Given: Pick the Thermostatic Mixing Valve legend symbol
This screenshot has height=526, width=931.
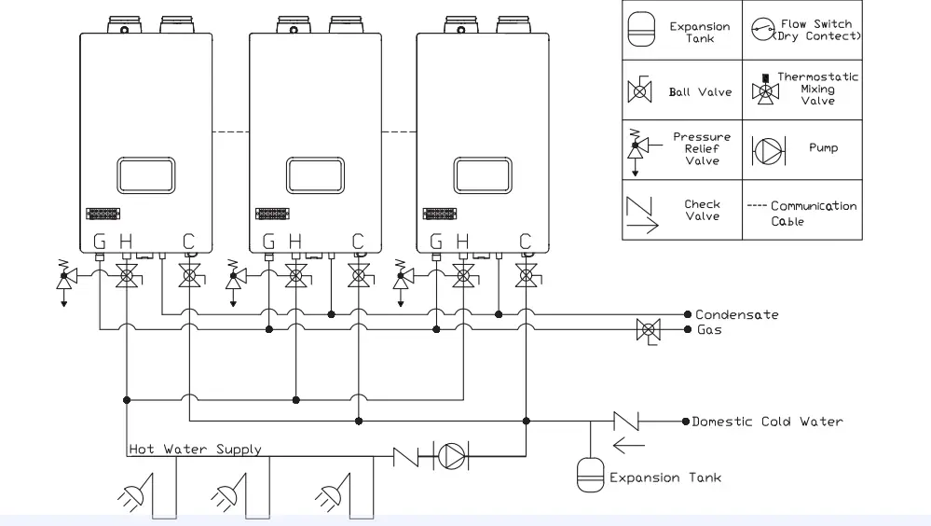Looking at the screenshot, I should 767,90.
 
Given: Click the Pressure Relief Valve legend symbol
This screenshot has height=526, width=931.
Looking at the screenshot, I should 638,149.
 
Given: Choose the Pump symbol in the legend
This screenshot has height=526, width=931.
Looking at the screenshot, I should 766,149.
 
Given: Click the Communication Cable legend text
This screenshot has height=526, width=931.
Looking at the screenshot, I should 801,214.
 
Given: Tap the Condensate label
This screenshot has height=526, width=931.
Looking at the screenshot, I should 736,315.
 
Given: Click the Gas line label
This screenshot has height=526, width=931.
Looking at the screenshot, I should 709,330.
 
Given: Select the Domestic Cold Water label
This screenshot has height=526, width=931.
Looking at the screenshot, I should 767,422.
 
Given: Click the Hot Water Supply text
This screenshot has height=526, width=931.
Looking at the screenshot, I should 195,450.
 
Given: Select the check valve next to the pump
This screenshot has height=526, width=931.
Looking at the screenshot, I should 407,458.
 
